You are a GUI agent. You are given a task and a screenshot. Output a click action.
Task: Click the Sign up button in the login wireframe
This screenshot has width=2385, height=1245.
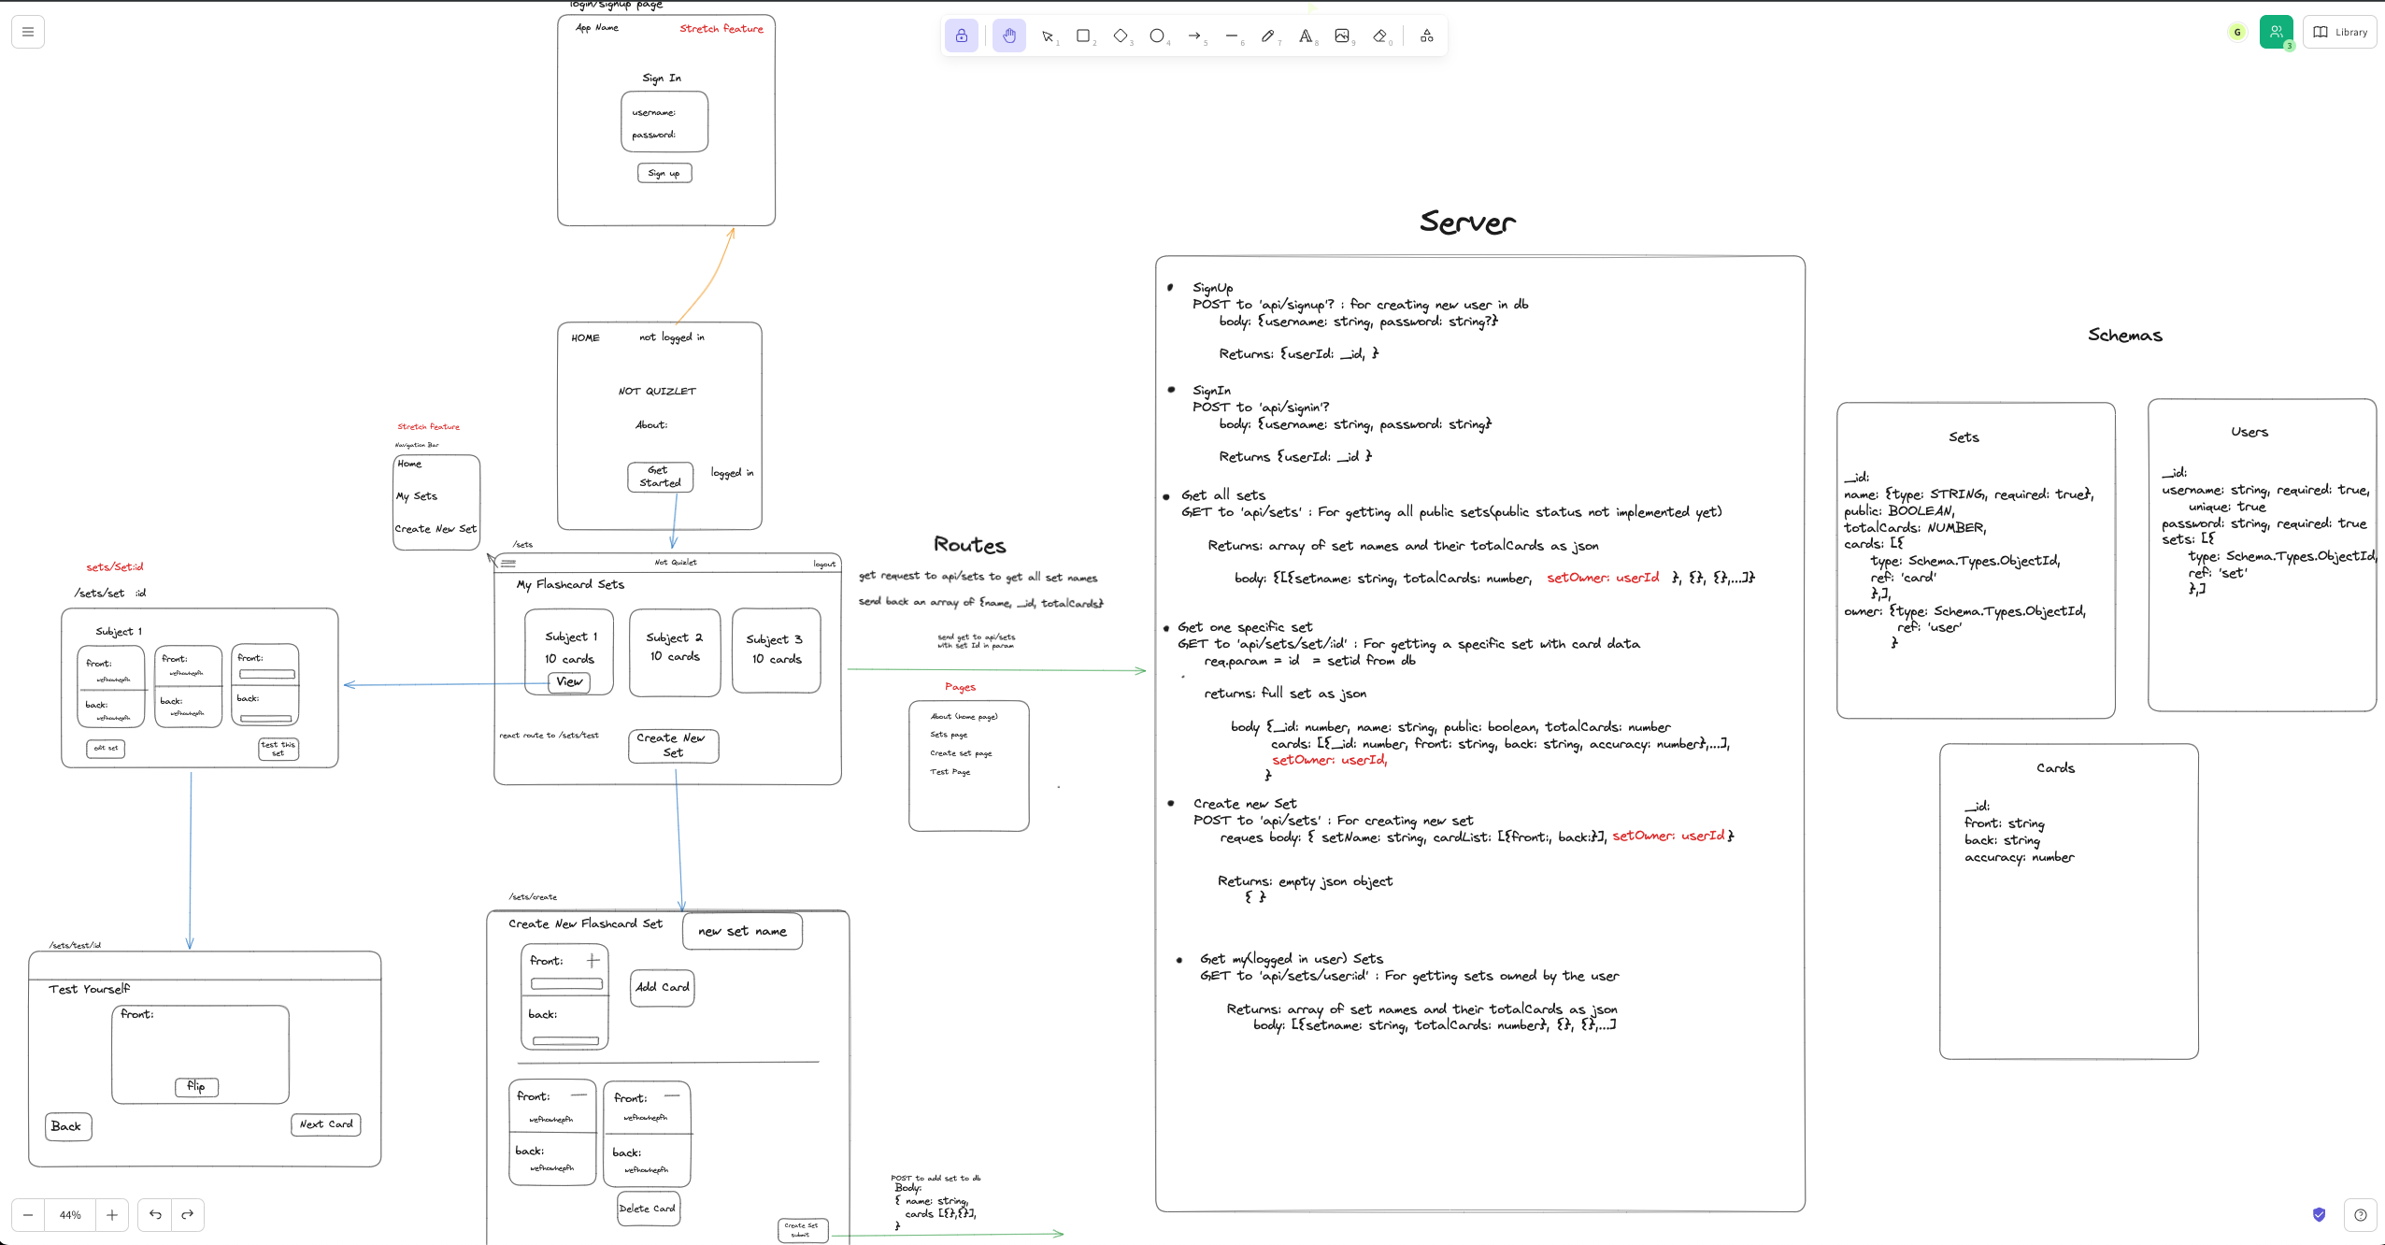[664, 173]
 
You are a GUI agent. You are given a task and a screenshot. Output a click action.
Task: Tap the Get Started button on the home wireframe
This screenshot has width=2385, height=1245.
[660, 477]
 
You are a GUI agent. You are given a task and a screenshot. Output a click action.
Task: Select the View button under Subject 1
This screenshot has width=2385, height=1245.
[569, 682]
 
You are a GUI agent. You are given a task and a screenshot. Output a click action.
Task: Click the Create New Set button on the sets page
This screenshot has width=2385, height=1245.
[673, 745]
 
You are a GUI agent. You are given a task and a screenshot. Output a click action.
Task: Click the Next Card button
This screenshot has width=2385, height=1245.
[326, 1124]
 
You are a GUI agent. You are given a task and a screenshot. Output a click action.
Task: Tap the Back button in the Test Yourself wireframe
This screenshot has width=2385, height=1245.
[67, 1126]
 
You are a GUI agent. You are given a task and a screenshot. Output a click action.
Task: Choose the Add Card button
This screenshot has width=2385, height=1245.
[662, 987]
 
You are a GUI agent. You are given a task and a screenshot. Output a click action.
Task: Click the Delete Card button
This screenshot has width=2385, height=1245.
[648, 1209]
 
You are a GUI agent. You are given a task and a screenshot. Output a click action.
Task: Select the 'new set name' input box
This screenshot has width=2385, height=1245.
[742, 931]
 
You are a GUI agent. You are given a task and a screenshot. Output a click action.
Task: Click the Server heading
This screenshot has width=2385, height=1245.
[1467, 222]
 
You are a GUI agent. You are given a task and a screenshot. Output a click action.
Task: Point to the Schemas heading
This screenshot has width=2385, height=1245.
[2125, 336]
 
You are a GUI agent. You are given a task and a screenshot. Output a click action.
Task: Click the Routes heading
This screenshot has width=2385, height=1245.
[970, 545]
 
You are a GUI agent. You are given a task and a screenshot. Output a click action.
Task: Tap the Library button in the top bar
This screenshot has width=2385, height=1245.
[2340, 32]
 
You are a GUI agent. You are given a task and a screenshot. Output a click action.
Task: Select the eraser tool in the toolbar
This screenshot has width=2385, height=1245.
[1380, 36]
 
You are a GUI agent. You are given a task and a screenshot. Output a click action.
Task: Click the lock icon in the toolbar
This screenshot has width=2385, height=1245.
[962, 36]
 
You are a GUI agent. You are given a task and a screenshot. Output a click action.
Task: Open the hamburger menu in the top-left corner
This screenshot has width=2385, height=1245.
[28, 32]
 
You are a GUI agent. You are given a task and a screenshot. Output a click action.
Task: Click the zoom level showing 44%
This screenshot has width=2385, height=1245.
[70, 1215]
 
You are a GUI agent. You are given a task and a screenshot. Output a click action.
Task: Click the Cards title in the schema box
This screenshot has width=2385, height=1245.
[2055, 768]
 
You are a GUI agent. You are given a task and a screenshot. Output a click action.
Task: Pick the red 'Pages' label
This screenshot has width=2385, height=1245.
[960, 687]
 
